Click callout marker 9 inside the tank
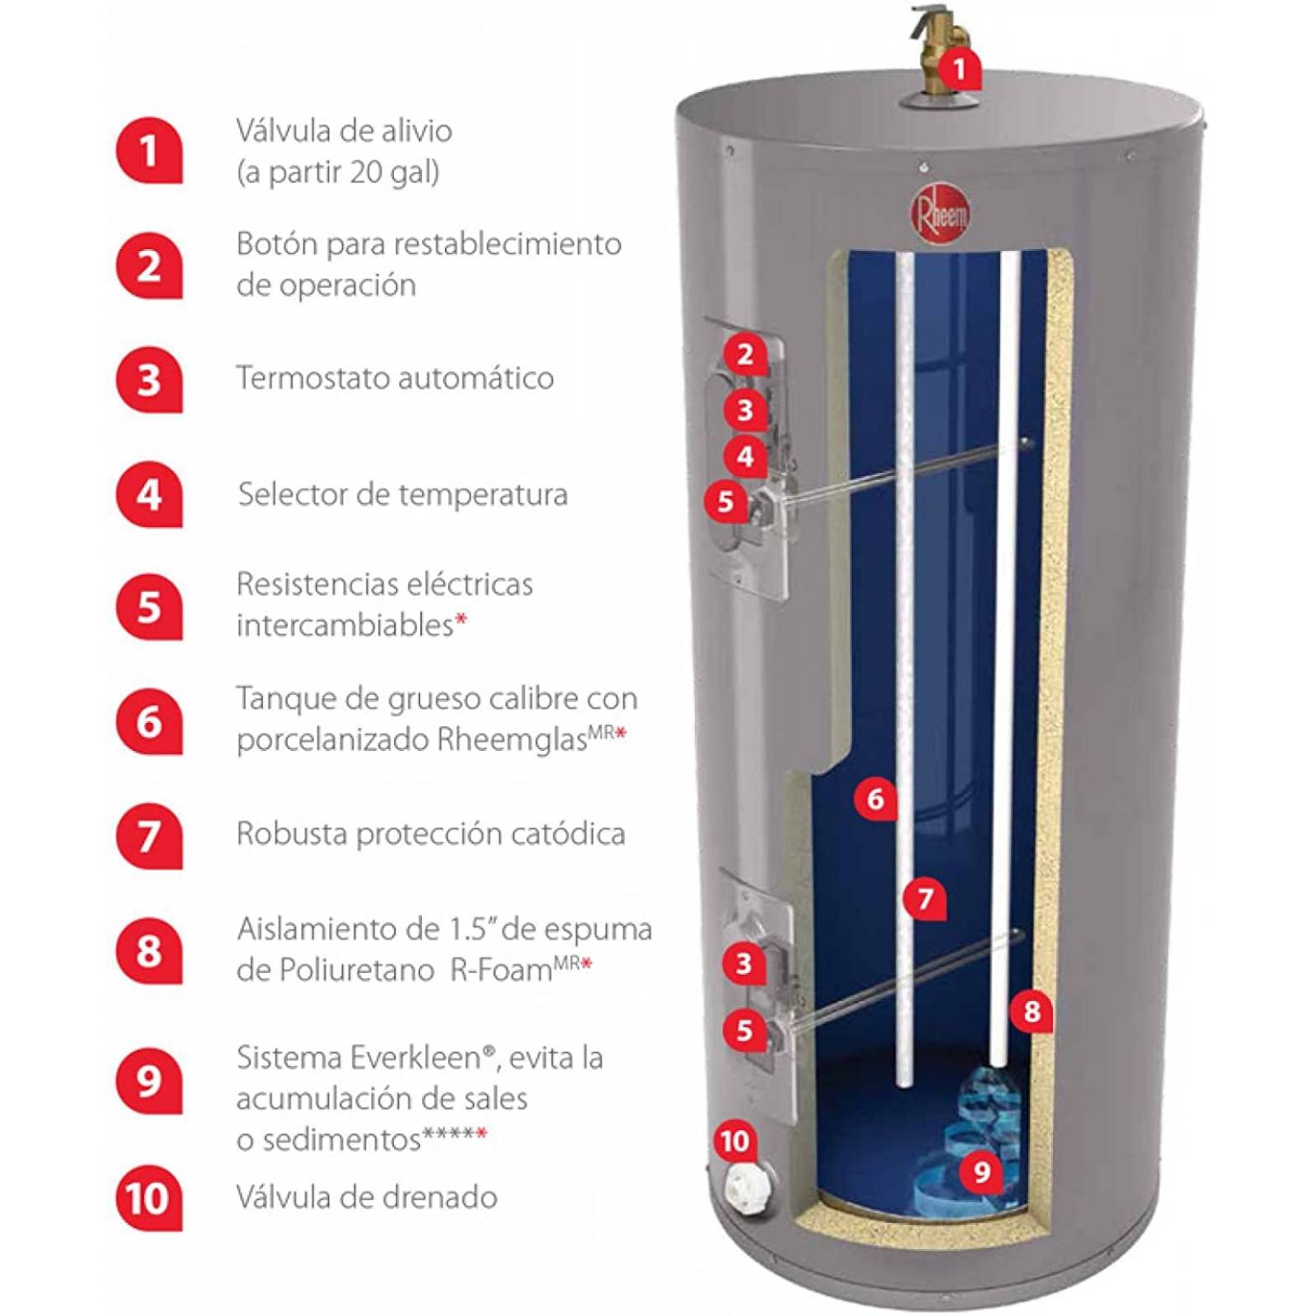[x=981, y=1170]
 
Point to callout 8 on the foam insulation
[x=1032, y=1010]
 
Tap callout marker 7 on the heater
[x=925, y=897]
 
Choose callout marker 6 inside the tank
[x=875, y=798]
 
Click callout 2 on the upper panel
[x=745, y=354]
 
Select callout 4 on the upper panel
[x=745, y=456]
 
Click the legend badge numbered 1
[x=148, y=151]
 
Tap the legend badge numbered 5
[x=148, y=607]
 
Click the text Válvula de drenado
[x=367, y=1197]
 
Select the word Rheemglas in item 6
[x=511, y=739]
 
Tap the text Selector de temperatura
[x=403, y=494]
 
